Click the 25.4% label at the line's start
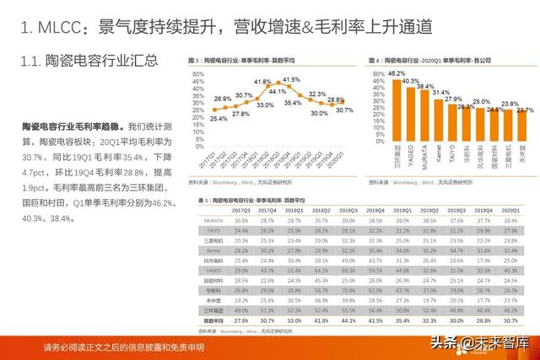[195, 119]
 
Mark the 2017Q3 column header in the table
[240, 209]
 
